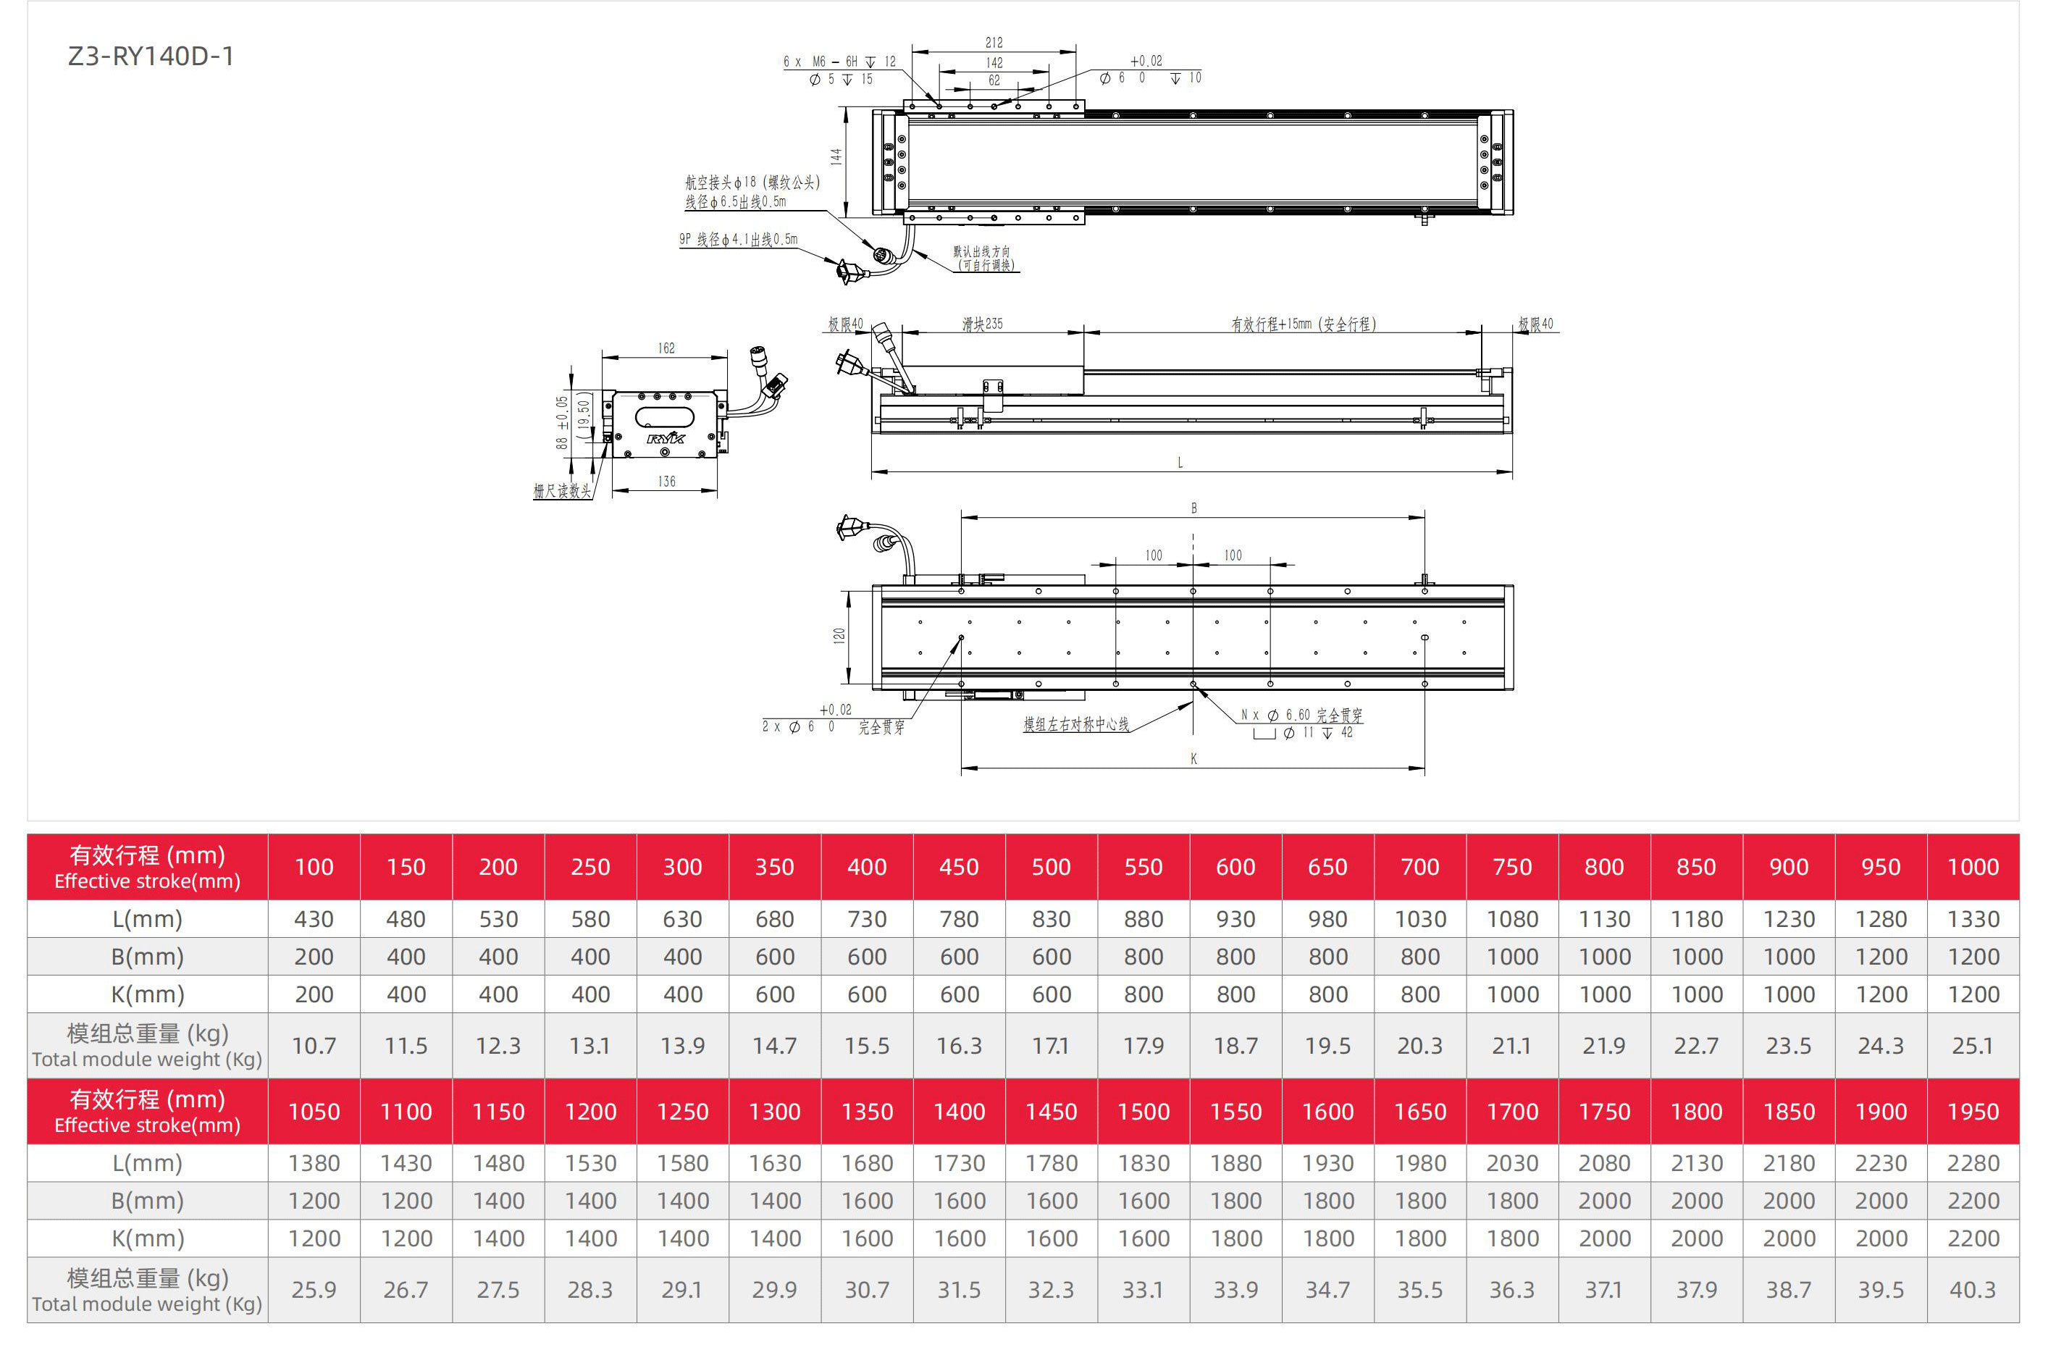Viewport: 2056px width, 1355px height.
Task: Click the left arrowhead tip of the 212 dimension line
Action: pyautogui.click(x=912, y=50)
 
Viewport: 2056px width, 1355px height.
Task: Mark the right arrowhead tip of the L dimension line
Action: pyautogui.click(x=1512, y=472)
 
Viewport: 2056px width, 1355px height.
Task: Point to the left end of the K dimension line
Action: pyautogui.click(x=961, y=768)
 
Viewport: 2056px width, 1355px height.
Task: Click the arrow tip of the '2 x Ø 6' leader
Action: pyautogui.click(x=962, y=637)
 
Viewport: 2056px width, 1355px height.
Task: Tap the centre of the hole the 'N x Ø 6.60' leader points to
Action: pyautogui.click(x=1193, y=684)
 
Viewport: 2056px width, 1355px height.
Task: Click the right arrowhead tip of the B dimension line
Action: pyautogui.click(x=1424, y=518)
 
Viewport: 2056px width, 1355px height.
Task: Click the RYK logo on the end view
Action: pyautogui.click(x=666, y=438)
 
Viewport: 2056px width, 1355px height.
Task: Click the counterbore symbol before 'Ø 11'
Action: pyautogui.click(x=1264, y=734)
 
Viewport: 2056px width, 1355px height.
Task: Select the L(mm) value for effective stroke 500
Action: pyautogui.click(x=1051, y=920)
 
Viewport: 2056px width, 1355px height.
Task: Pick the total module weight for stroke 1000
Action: pyautogui.click(x=1972, y=1046)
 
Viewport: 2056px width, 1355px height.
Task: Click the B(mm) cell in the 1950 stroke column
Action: pyautogui.click(x=1972, y=1200)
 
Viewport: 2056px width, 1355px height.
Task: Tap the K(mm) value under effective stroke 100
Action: pyautogui.click(x=314, y=994)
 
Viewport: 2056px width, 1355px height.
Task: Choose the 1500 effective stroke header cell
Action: pyautogui.click(x=1144, y=1112)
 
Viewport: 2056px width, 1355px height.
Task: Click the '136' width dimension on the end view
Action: pyautogui.click(x=666, y=482)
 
